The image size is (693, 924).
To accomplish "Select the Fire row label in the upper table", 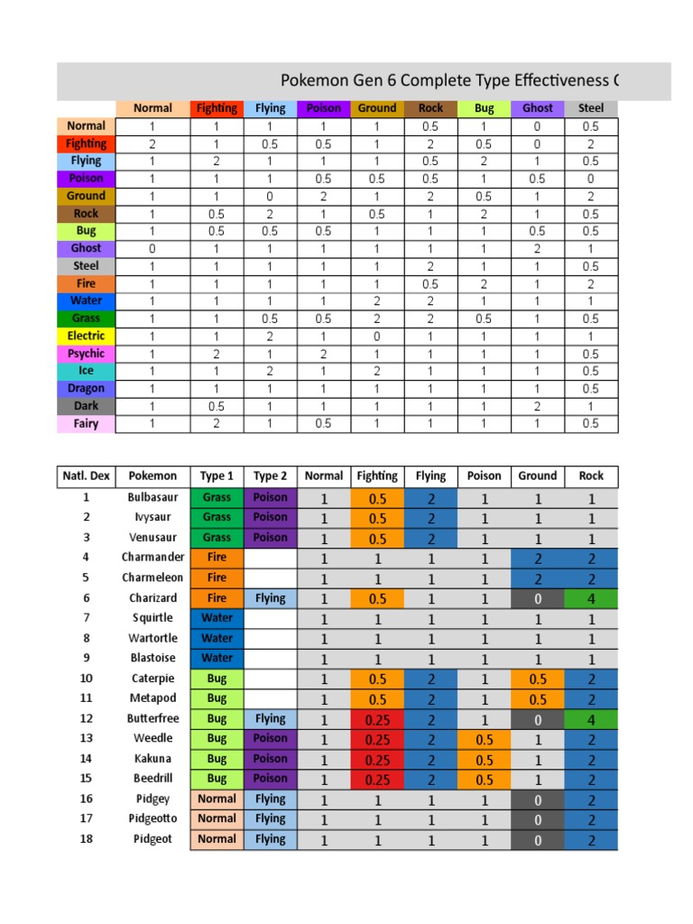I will pos(86,283).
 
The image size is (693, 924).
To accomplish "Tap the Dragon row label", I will pos(86,388).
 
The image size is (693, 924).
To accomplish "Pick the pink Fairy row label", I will pos(86,423).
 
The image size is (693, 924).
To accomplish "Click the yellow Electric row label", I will pos(86,336).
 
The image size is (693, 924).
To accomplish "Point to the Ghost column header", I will pos(538,108).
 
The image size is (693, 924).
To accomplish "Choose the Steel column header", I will pos(591,108).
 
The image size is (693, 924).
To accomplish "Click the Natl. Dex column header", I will pos(87,476).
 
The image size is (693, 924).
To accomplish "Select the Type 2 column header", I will pos(270,476).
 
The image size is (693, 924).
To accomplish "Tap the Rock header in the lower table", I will pos(591,476).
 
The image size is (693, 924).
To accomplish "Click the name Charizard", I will pos(152,598).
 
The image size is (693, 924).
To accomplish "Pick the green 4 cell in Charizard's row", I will pos(591,598).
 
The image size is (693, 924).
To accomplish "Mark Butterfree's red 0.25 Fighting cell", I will pos(377,720).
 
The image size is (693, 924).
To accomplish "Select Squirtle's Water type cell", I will pos(217,618).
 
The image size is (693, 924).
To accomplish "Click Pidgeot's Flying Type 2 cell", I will pos(270,839).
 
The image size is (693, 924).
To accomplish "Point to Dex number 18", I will pos(87,839).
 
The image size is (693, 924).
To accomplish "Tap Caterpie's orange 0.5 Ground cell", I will pos(538,679).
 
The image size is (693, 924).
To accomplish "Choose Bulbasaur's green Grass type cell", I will pos(217,497).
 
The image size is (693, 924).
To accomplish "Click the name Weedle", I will pos(152,739).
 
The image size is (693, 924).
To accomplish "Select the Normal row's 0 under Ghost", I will pos(538,126).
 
